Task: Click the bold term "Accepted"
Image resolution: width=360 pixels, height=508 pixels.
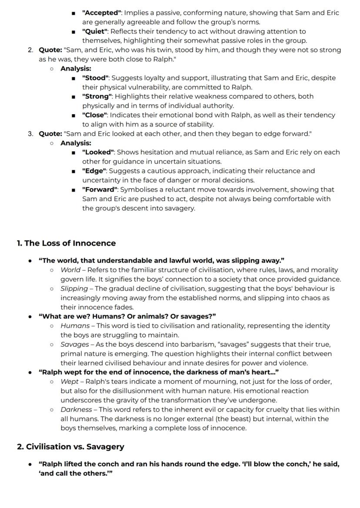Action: pos(102,13)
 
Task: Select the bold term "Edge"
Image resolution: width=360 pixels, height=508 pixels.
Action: pos(93,171)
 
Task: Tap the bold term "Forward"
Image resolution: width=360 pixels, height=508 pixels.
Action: pos(100,189)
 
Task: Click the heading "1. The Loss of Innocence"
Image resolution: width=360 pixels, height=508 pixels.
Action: pos(66,243)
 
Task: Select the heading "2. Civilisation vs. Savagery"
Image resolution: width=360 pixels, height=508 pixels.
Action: pos(70,446)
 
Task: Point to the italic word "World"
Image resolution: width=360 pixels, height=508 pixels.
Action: pos(70,269)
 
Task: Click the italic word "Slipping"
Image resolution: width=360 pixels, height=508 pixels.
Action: pos(73,288)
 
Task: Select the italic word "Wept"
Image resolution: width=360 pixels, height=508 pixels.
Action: pos(70,381)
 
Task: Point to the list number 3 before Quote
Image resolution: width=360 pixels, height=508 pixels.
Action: pos(30,133)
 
